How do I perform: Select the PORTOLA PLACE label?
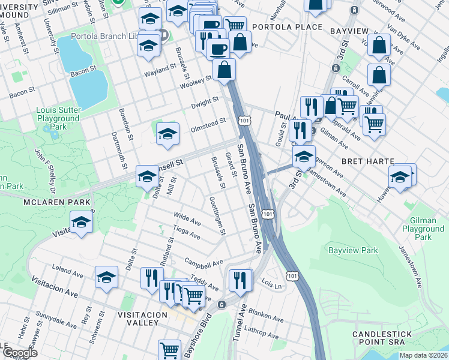(x=287, y=28)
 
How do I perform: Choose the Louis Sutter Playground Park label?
(x=58, y=119)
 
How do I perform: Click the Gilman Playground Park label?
(x=423, y=229)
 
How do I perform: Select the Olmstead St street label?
(x=208, y=121)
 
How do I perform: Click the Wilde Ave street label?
(x=187, y=219)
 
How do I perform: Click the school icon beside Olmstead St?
(x=167, y=134)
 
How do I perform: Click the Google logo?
(x=20, y=353)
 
